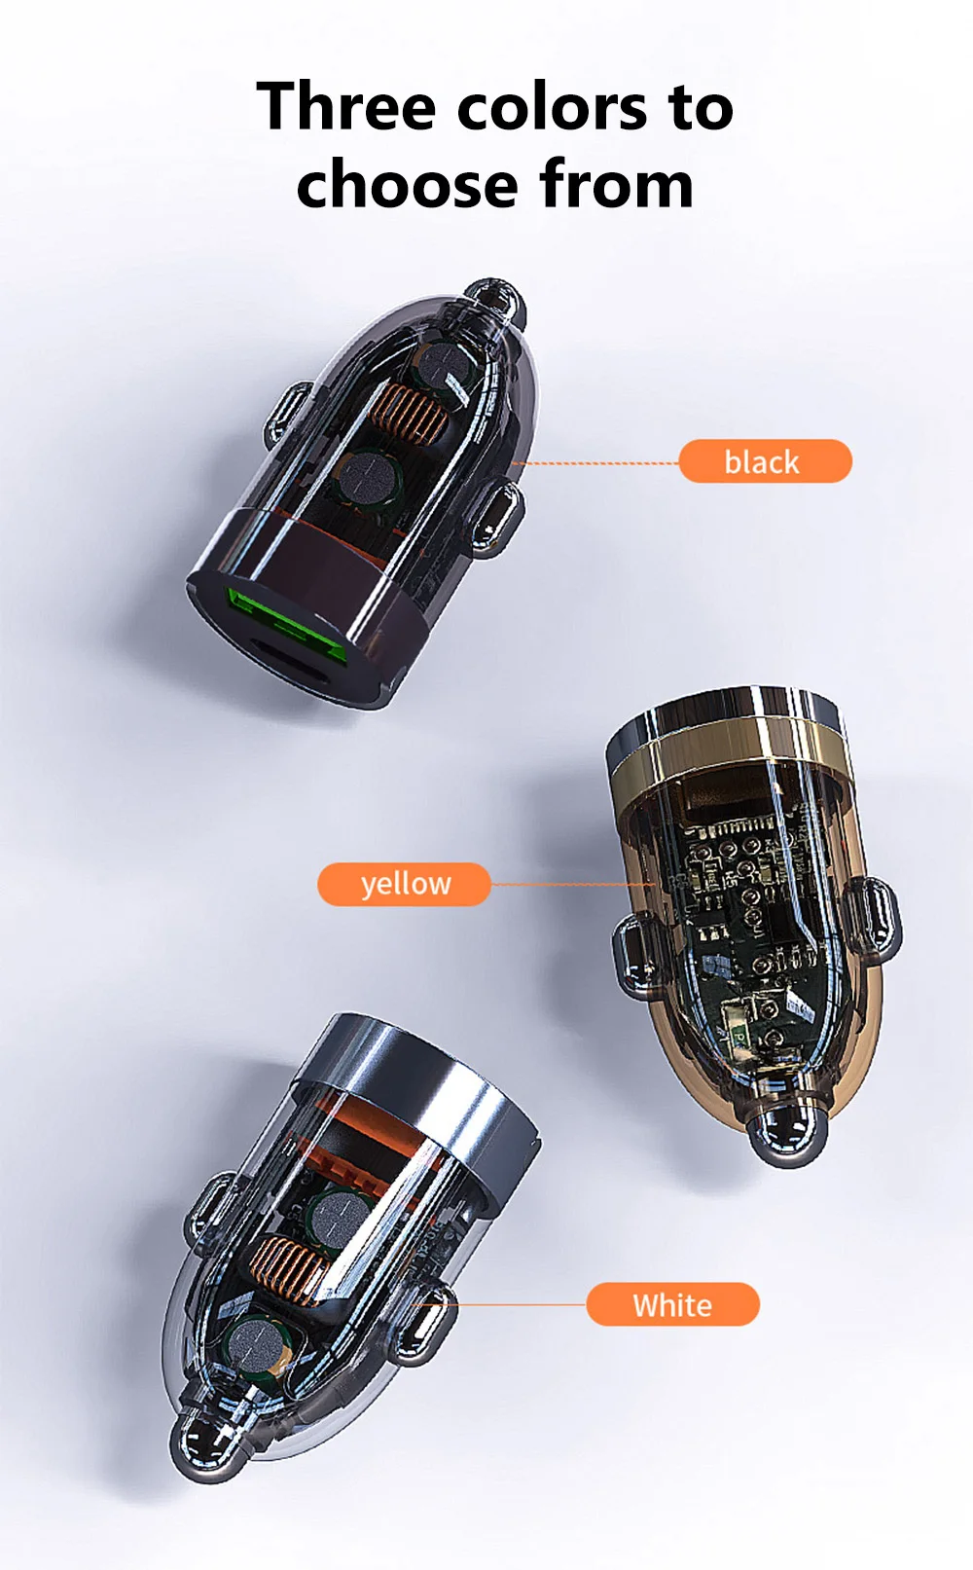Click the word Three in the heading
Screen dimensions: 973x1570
coord(346,105)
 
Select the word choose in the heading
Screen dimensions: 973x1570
coord(407,184)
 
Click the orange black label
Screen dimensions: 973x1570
coord(765,461)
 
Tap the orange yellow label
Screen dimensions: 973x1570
coord(404,884)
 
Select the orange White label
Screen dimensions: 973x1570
coord(672,1304)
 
